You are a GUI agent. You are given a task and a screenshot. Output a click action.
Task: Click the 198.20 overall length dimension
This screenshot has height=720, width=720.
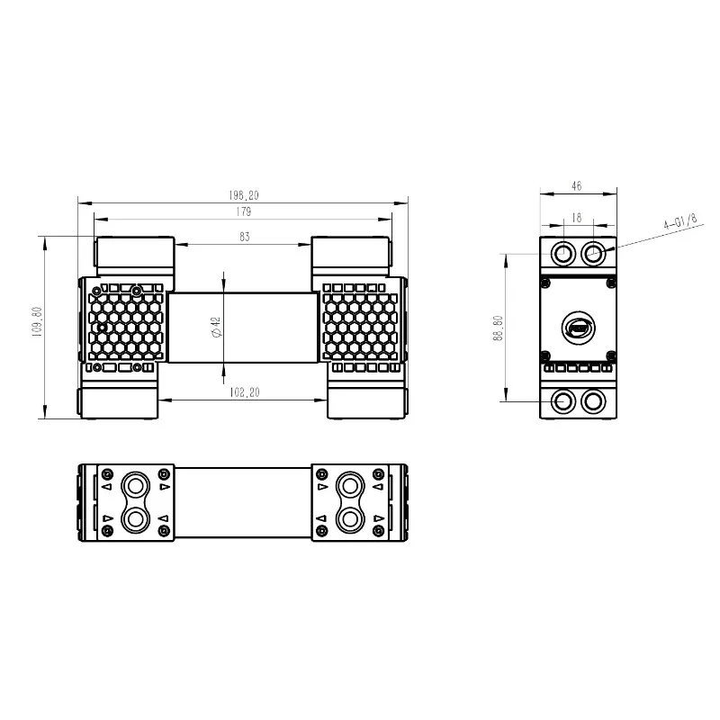244,195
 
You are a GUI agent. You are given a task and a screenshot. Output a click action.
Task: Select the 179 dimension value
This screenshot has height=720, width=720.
243,211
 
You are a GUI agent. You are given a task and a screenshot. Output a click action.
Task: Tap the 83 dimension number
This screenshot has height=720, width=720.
244,237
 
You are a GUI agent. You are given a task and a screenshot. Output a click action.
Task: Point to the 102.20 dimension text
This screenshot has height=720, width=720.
244,392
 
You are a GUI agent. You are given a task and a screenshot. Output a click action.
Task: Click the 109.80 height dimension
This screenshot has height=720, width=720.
37,322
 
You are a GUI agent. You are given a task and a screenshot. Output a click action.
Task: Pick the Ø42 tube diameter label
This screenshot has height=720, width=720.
217,328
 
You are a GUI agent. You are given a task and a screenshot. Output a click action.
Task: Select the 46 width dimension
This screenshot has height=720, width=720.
577,186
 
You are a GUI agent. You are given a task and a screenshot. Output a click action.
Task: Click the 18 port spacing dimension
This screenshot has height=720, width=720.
577,218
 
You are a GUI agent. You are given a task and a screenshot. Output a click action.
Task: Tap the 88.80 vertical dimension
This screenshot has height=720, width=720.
499,328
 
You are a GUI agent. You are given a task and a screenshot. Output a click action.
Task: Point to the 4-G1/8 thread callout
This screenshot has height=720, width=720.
680,220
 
